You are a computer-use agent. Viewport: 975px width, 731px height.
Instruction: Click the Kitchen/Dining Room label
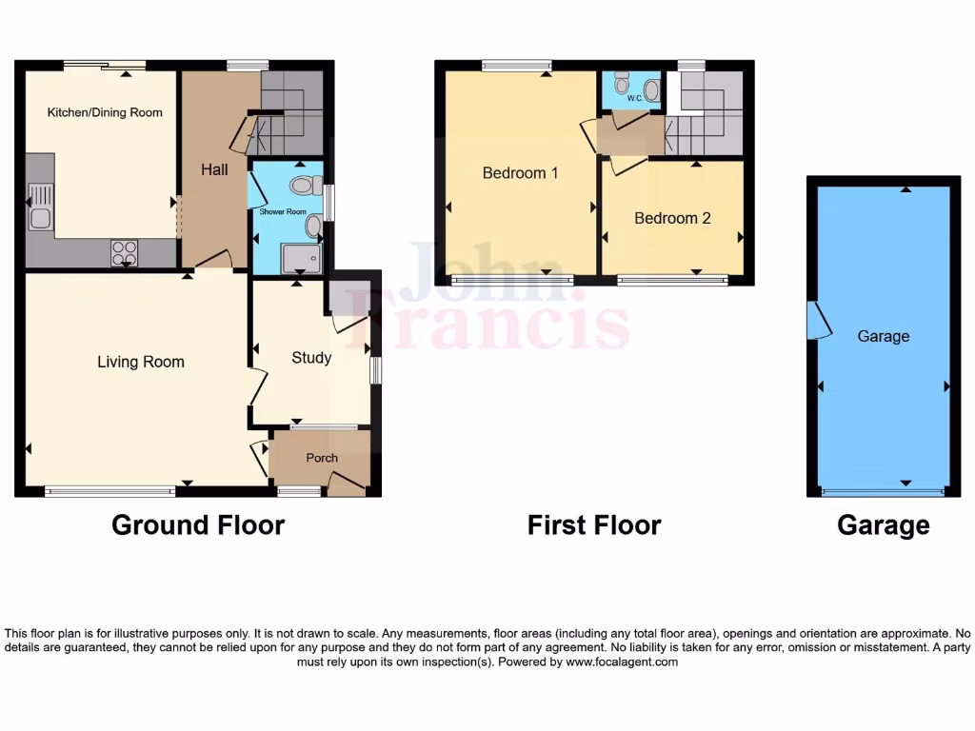105,112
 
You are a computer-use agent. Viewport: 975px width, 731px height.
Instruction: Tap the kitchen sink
39,208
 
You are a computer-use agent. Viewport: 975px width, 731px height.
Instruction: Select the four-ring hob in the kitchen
125,252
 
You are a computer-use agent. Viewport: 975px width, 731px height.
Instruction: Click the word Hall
214,169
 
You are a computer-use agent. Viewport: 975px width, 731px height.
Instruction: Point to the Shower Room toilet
305,185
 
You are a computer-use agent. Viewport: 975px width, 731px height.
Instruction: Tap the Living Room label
141,362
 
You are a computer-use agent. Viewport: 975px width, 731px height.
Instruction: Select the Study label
311,358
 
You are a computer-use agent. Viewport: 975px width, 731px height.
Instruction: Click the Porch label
322,458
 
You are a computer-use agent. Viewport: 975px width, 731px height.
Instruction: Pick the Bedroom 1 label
520,173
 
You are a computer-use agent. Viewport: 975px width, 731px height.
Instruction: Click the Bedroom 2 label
672,218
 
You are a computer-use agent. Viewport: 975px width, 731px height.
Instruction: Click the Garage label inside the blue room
883,336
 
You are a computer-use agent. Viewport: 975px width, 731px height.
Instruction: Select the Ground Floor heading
198,524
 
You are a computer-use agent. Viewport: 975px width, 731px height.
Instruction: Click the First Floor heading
594,524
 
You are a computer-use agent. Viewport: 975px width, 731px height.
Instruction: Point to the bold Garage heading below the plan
883,524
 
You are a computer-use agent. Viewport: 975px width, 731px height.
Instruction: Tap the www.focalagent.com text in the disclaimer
623,662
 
